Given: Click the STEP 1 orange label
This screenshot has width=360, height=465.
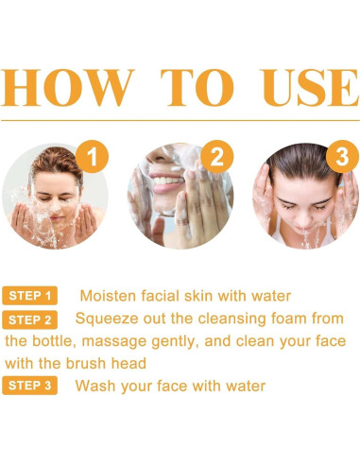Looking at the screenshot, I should (29, 296).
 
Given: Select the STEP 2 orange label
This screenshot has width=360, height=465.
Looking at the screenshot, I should (29, 319).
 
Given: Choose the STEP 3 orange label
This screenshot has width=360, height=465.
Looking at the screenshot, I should (29, 386).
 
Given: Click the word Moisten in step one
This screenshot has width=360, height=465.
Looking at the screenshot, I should (110, 296).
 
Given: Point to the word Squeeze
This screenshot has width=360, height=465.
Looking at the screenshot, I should (106, 319).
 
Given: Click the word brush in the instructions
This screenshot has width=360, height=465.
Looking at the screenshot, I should (89, 363).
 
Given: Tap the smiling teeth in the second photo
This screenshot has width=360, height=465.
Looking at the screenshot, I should (166, 177).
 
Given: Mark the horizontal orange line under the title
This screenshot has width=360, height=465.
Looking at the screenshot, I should (180, 120).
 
